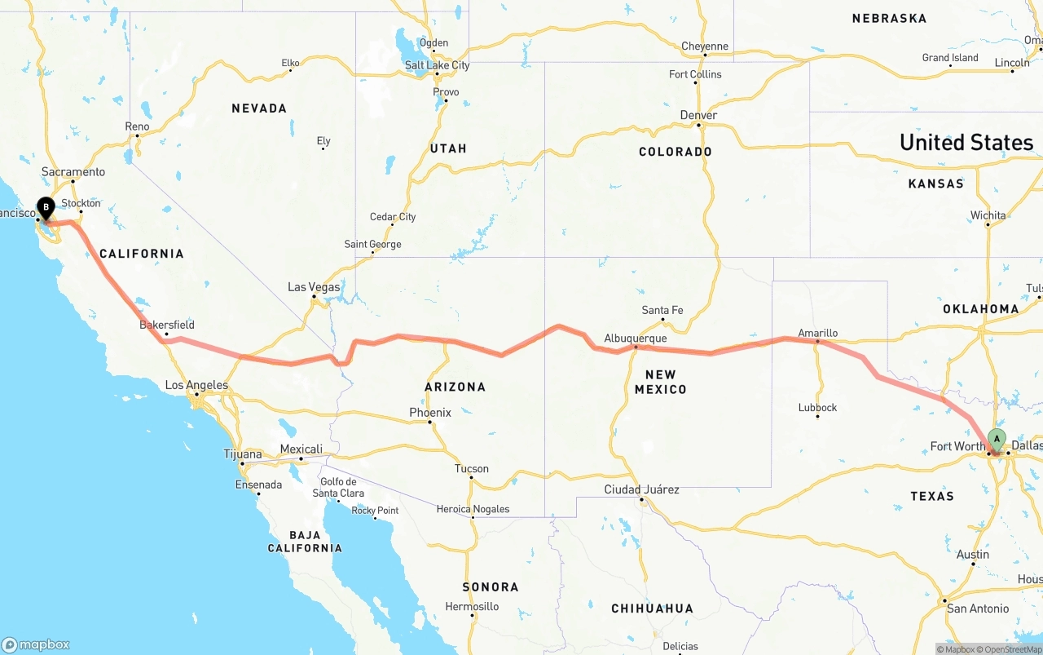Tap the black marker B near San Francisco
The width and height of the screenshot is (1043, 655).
[x=46, y=208]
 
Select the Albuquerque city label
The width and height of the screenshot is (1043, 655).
[x=635, y=339]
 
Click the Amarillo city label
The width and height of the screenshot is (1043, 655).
[x=817, y=333]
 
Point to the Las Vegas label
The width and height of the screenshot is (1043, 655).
[x=314, y=287]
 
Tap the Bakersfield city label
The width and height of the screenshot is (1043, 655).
[x=167, y=325]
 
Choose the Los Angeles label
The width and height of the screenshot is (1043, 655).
[x=196, y=385]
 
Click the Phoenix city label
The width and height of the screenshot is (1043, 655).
[x=430, y=413]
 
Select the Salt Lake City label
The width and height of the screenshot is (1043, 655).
[x=437, y=65]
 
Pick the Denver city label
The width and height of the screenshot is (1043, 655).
[x=698, y=116]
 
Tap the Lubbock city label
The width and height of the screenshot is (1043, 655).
[x=817, y=408]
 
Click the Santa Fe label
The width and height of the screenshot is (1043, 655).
[x=662, y=311]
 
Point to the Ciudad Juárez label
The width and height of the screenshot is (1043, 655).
[x=641, y=490]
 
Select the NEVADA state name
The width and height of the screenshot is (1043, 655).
[x=259, y=108]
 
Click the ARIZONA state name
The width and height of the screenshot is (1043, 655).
[x=455, y=387]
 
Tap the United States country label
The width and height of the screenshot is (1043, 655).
[x=966, y=143]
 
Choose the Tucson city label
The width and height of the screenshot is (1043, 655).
[x=472, y=469]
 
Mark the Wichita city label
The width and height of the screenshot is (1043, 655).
[x=988, y=216]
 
